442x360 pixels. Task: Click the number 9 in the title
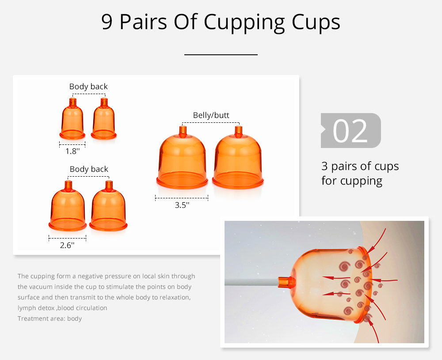[x=107, y=22]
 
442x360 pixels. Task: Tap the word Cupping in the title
[x=244, y=23]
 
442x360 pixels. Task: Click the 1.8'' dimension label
[x=72, y=151]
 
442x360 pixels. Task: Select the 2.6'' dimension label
[x=67, y=245]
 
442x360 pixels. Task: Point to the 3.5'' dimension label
[x=182, y=205]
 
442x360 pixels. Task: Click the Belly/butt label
[x=211, y=115]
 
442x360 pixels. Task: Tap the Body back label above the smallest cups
[x=88, y=87]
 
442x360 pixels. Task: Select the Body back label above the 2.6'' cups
[x=89, y=169]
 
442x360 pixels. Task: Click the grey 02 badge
[x=351, y=130]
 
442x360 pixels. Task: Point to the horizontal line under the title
[x=221, y=55]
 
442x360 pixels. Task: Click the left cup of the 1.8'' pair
[x=72, y=120]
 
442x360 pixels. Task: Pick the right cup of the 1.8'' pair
[x=104, y=120]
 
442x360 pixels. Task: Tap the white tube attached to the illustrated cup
[x=251, y=282]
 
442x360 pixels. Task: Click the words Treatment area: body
[x=50, y=318]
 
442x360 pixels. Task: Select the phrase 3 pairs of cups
[x=360, y=166]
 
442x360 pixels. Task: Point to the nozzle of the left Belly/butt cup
[x=183, y=132]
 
